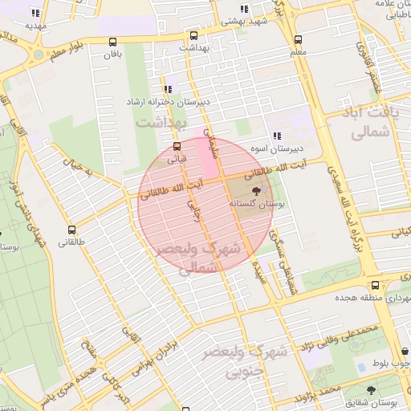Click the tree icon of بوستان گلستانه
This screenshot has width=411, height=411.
pos(256,191)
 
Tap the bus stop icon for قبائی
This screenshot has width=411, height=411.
pos(177,146)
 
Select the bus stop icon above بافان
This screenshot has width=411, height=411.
pos(112,43)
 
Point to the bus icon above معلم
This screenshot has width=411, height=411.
pos(299,39)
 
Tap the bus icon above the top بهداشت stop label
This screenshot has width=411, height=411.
pos(193,36)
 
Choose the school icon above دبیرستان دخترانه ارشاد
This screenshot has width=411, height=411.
pos(167,90)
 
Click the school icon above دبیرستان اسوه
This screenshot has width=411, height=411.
pos(276,136)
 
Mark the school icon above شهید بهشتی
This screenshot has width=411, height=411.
pos(244,10)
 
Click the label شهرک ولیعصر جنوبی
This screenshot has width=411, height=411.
pos(257,361)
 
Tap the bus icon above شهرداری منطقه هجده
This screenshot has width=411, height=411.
pos(376,286)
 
